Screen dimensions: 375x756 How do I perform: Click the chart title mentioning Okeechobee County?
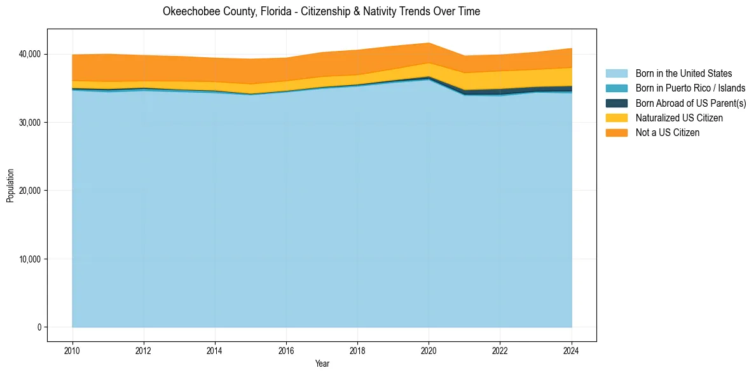coord(321,11)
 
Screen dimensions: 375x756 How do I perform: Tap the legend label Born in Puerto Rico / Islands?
coord(691,88)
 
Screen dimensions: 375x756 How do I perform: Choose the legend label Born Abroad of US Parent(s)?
coord(691,103)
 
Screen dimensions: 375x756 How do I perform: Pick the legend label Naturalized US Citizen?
coord(679,118)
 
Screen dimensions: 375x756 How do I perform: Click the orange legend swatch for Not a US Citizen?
coord(616,132)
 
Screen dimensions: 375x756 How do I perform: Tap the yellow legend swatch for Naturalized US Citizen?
coord(616,118)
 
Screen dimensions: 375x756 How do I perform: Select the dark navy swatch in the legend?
coord(616,103)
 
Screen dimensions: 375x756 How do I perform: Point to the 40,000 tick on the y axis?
coord(30,54)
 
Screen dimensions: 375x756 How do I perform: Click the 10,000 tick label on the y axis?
coord(30,259)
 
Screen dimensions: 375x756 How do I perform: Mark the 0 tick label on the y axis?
coord(39,327)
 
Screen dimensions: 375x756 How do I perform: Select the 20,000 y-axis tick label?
coord(30,191)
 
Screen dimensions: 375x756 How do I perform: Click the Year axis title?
coord(322,364)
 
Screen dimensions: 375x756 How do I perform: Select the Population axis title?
coord(10,186)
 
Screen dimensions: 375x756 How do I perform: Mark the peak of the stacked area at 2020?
coord(429,43)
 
